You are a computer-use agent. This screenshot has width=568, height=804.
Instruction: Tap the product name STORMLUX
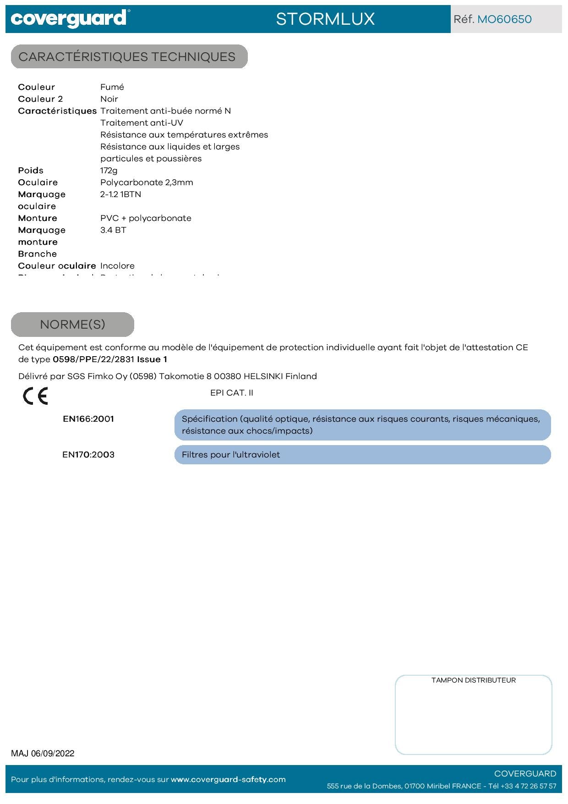point(325,19)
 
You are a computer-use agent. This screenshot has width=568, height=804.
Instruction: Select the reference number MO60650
point(504,19)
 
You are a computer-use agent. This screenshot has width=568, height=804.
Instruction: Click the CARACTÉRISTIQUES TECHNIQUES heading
point(127,57)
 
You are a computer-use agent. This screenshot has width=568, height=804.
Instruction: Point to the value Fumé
point(112,87)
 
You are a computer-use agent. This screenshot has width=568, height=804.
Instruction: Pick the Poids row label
point(31,171)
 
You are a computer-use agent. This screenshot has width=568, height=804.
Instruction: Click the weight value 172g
point(109,171)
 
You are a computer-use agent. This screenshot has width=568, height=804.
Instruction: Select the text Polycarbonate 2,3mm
point(147,182)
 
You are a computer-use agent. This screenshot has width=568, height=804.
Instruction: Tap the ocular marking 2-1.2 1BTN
point(121,194)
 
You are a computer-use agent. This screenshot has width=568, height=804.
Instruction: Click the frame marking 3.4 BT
point(113,230)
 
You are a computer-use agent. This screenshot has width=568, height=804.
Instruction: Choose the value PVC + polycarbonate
point(146,218)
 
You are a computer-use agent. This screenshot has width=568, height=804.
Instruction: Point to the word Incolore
point(117,266)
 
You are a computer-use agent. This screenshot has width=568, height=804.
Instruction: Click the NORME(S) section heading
point(72,325)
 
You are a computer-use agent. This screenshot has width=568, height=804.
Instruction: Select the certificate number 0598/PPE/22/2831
point(93,359)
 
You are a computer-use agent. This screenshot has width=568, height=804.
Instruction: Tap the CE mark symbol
point(35,396)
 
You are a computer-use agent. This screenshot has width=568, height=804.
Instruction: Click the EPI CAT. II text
point(231,393)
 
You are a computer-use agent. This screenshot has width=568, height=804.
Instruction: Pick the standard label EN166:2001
point(88,419)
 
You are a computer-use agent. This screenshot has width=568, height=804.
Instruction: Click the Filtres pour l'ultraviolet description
point(231,455)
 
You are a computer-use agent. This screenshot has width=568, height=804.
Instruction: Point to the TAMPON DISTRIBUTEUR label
point(473,680)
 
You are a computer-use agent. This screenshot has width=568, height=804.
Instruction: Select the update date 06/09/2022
point(53,754)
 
